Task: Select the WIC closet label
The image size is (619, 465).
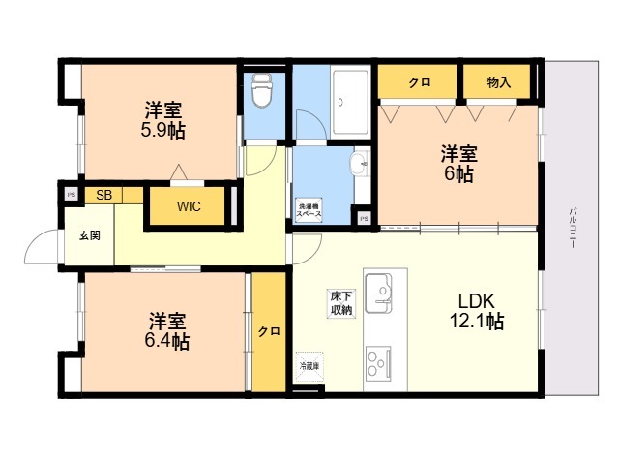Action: [190, 205]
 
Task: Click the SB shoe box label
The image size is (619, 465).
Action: [104, 195]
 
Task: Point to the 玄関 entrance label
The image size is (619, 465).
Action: [90, 235]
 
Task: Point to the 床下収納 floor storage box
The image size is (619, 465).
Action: [341, 303]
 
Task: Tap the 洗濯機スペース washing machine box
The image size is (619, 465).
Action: [309, 208]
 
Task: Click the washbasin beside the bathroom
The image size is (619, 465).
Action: [360, 162]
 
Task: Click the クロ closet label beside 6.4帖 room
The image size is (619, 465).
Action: [269, 331]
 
